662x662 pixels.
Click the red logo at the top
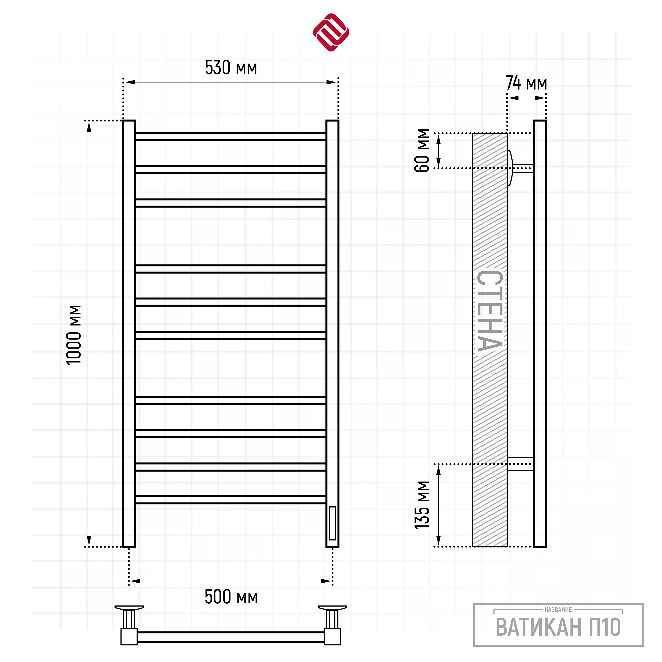(331, 33)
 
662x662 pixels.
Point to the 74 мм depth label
(526, 83)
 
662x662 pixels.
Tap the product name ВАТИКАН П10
(558, 627)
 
